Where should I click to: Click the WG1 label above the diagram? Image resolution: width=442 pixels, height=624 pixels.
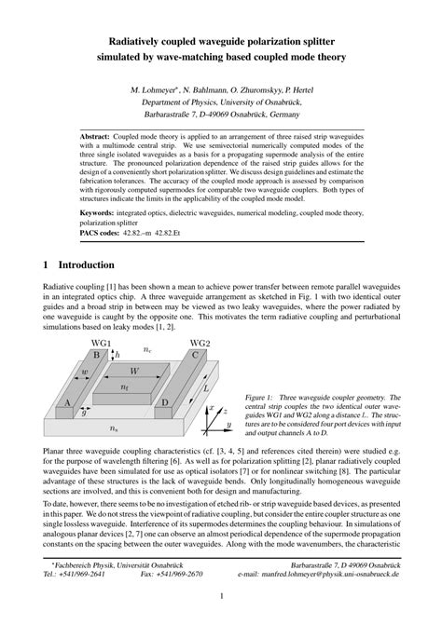click(x=101, y=344)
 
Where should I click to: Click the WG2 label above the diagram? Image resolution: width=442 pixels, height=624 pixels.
click(x=200, y=344)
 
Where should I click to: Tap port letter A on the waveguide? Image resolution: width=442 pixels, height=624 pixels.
click(x=65, y=402)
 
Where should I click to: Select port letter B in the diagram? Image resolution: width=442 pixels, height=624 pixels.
click(x=96, y=355)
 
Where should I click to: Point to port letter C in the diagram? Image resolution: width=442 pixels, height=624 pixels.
click(x=195, y=355)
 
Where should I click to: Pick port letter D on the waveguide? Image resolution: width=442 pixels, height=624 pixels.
click(x=165, y=402)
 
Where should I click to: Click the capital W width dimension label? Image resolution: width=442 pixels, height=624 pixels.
click(x=135, y=371)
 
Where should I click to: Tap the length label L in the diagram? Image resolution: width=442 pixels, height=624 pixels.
click(x=206, y=387)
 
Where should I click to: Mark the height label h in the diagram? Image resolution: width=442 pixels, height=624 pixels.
click(x=117, y=355)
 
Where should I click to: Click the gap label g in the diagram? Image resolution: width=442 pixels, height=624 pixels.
click(x=84, y=411)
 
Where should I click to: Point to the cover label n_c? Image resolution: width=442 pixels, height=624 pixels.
click(x=147, y=349)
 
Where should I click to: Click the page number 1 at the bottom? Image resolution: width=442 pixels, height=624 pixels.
click(x=221, y=595)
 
